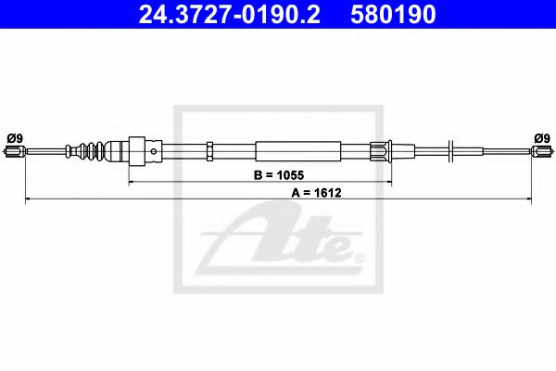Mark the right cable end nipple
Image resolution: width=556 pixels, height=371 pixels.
[x=542, y=151]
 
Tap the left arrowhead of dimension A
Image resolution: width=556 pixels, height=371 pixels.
[x=28, y=198]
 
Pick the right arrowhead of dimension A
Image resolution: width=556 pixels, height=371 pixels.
[x=528, y=198]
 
